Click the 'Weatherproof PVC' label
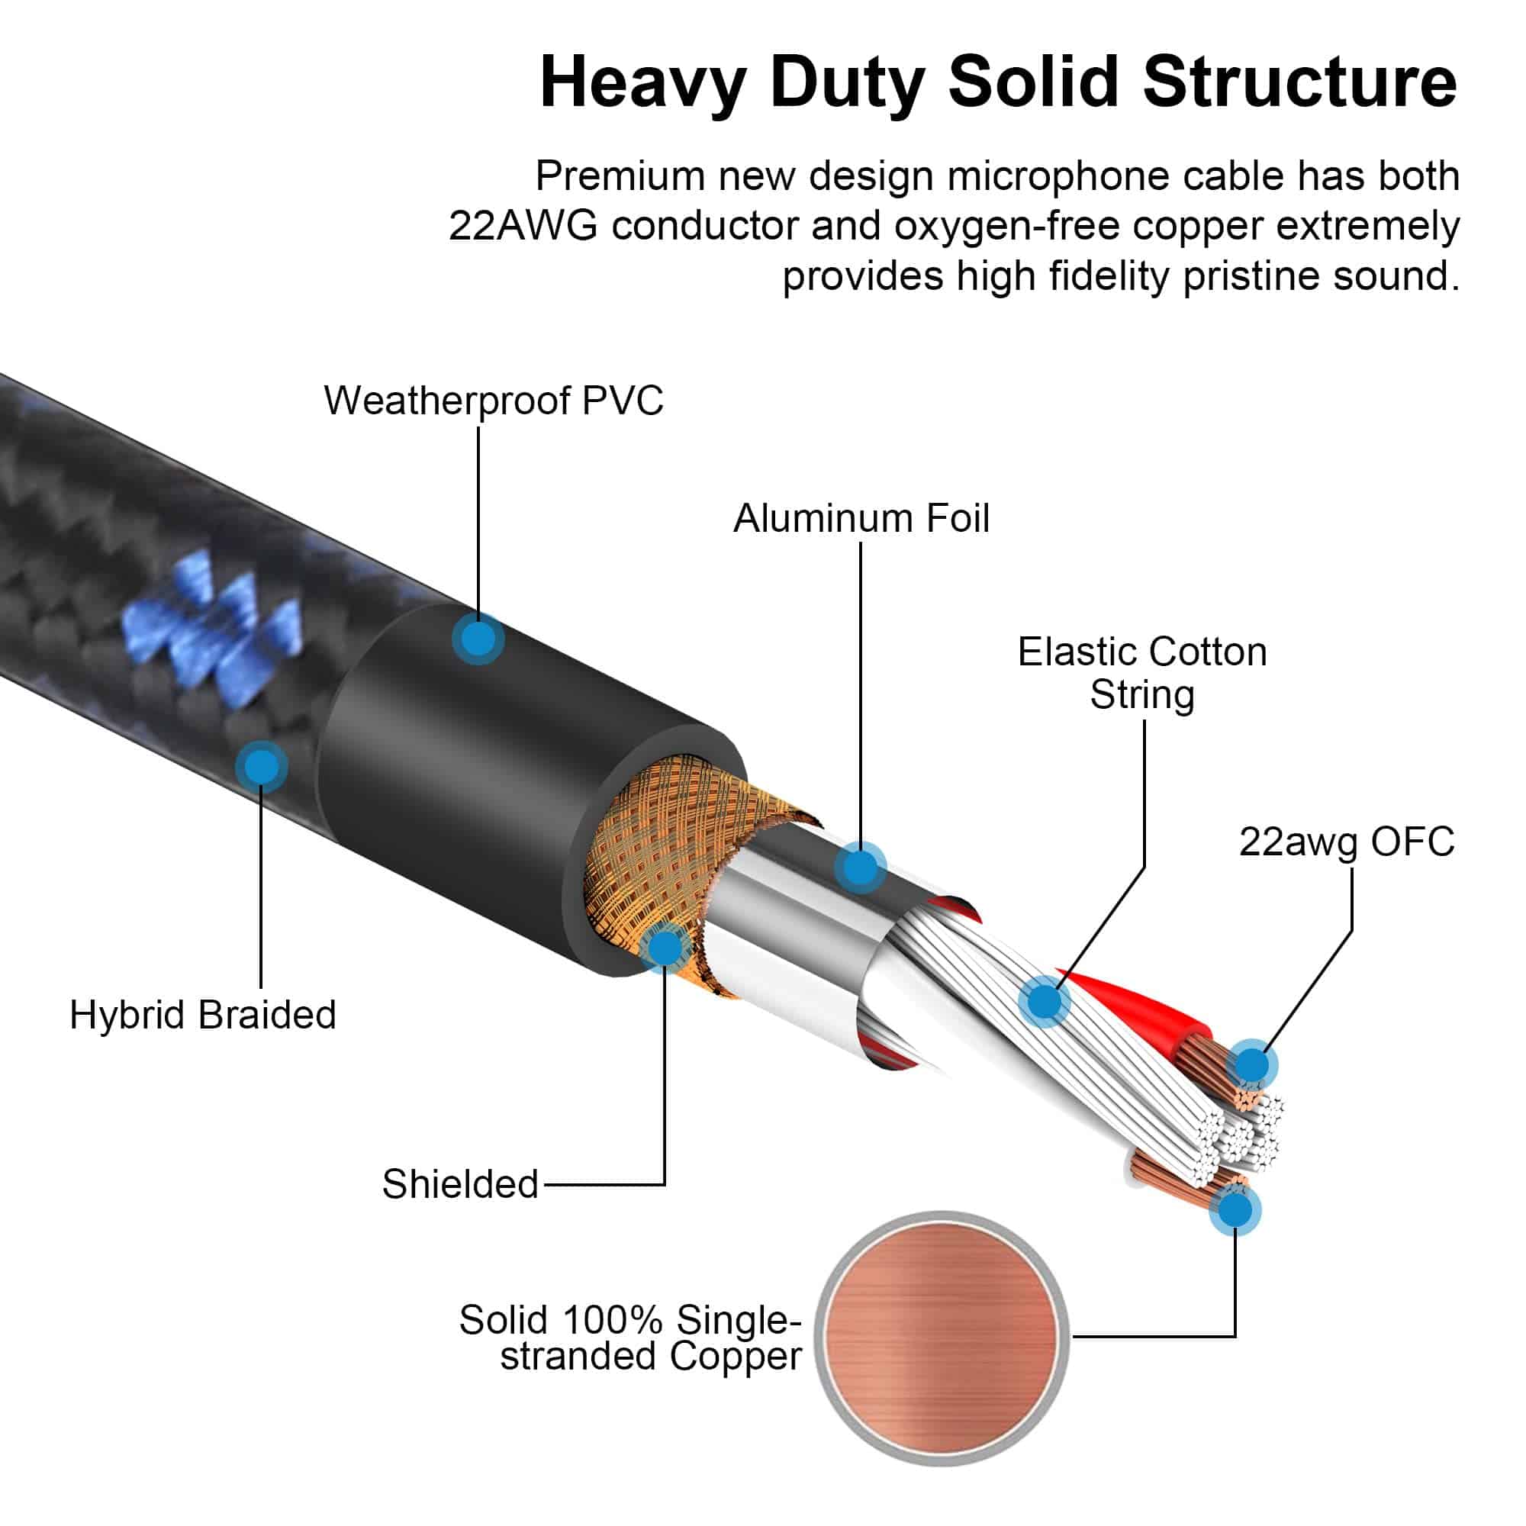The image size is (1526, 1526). click(493, 401)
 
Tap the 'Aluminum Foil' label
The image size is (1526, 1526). click(861, 518)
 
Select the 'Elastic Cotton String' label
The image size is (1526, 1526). click(1141, 673)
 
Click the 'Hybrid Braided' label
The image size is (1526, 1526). click(203, 1014)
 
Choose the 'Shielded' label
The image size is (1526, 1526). click(459, 1183)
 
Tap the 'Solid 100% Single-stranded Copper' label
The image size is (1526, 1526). click(629, 1338)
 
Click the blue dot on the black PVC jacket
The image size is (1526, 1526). click(478, 638)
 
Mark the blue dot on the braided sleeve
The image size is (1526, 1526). click(262, 765)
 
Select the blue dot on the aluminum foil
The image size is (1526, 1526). click(860, 868)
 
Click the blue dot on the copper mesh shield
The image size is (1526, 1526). click(665, 946)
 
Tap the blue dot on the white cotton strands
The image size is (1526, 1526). click(1045, 1002)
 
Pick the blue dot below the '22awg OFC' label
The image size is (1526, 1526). click(1251, 1064)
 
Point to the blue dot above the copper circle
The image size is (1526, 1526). click(1235, 1209)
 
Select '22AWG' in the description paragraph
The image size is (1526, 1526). click(523, 226)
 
